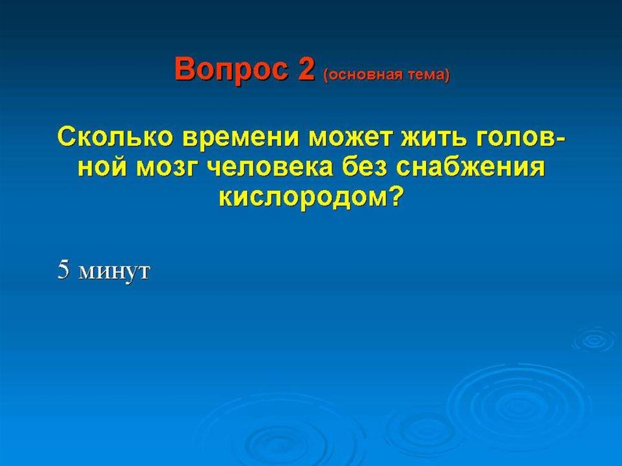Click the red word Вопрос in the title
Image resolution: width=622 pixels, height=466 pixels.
(231, 69)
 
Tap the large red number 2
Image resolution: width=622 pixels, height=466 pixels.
(306, 68)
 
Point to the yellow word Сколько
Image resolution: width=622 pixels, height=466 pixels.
(115, 137)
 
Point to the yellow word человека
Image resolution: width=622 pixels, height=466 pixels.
(270, 167)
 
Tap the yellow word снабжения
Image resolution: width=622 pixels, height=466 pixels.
(470, 167)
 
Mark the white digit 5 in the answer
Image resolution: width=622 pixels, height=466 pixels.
(63, 270)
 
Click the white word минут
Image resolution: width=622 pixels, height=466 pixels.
(114, 272)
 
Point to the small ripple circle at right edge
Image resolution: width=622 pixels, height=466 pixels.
(594, 340)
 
